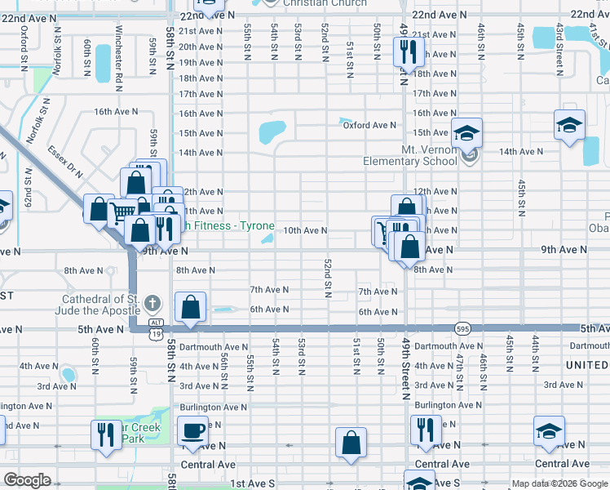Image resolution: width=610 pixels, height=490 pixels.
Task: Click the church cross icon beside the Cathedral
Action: point(152,305)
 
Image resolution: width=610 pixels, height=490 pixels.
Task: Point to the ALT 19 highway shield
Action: point(155,331)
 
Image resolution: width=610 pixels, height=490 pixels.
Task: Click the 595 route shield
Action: point(462,327)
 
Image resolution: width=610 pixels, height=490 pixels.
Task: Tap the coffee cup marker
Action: point(193,431)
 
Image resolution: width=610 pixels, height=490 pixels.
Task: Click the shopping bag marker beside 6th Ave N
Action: point(190,308)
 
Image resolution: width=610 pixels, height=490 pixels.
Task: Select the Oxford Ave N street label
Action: point(368,125)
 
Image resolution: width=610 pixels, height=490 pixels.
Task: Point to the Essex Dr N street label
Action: point(64,162)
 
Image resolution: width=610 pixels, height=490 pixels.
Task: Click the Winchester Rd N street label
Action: point(119,58)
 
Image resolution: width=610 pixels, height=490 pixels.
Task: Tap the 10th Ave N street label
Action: point(305,231)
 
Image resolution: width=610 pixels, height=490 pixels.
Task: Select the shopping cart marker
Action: point(122,213)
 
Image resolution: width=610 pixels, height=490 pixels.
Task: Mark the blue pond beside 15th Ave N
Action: point(272,131)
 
